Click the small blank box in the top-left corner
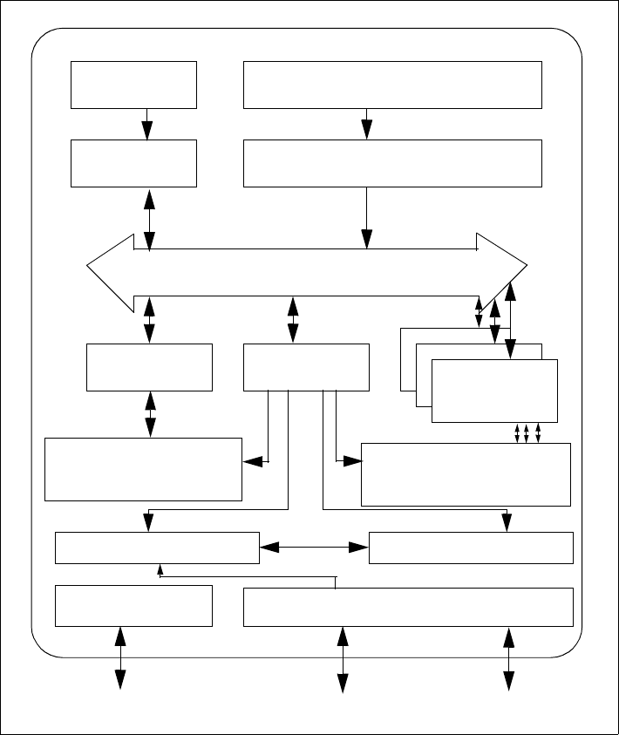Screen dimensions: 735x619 click(x=134, y=85)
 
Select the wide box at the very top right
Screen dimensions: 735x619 click(x=392, y=85)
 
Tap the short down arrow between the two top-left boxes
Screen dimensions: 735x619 click(x=147, y=123)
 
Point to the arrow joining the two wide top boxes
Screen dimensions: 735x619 click(x=367, y=123)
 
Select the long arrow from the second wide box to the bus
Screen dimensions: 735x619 click(x=367, y=217)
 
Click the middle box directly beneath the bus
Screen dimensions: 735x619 click(x=306, y=367)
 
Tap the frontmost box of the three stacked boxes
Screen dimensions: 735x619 click(x=494, y=391)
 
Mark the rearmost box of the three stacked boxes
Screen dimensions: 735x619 click(x=407, y=357)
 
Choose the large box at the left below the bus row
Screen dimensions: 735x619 click(x=143, y=469)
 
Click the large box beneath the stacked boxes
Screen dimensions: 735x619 click(x=466, y=474)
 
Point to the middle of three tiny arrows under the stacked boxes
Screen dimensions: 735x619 click(x=527, y=433)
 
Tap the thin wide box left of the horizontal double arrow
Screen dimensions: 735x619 click(x=157, y=548)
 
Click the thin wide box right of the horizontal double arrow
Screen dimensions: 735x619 click(x=471, y=548)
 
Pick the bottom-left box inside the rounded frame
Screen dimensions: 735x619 click(x=133, y=606)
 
